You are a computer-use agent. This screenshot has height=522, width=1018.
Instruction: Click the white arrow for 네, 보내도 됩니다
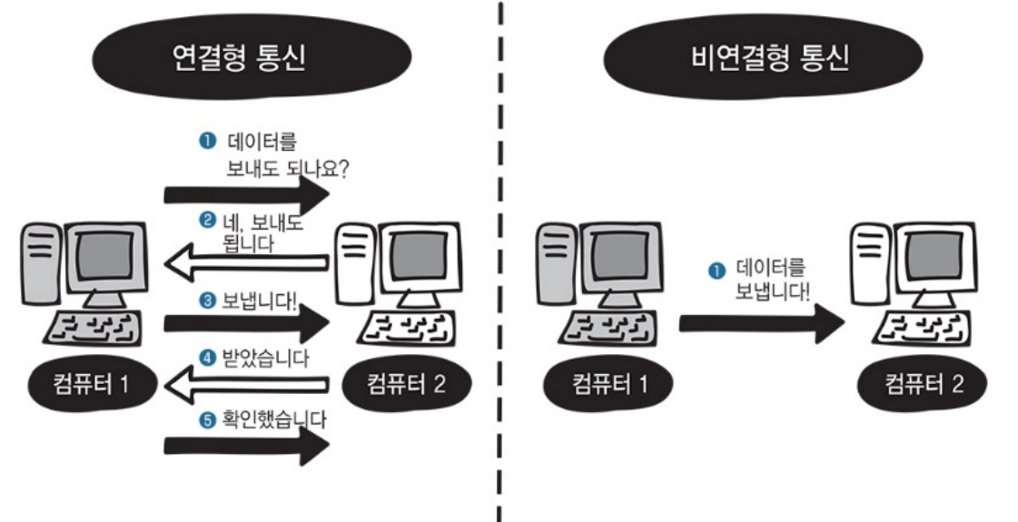pos(245,263)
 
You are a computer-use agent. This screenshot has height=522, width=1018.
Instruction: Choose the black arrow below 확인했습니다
pos(245,446)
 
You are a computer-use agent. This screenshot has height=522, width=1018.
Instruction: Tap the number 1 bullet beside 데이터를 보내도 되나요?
pos(206,141)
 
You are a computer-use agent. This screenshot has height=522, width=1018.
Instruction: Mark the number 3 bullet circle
pos(207,299)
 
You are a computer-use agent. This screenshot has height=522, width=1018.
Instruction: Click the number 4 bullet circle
pos(207,358)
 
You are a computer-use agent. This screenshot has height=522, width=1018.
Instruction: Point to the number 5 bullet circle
pos(207,419)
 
